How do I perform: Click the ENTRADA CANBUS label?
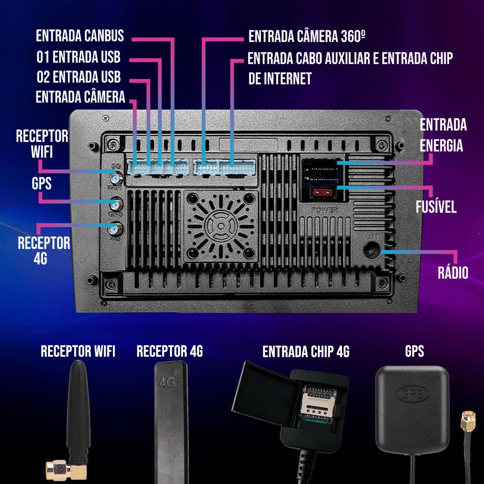tap(80, 36)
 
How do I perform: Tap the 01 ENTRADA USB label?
tap(79, 57)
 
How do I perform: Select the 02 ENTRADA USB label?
tap(79, 77)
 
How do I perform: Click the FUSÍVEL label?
tap(436, 207)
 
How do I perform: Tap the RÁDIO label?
tap(453, 273)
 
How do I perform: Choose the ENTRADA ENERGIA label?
tap(443, 135)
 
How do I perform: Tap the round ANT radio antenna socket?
tap(371, 249)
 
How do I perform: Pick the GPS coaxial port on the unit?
tap(115, 204)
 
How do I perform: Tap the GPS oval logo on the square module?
tap(412, 394)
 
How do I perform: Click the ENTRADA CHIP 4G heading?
tap(306, 352)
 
